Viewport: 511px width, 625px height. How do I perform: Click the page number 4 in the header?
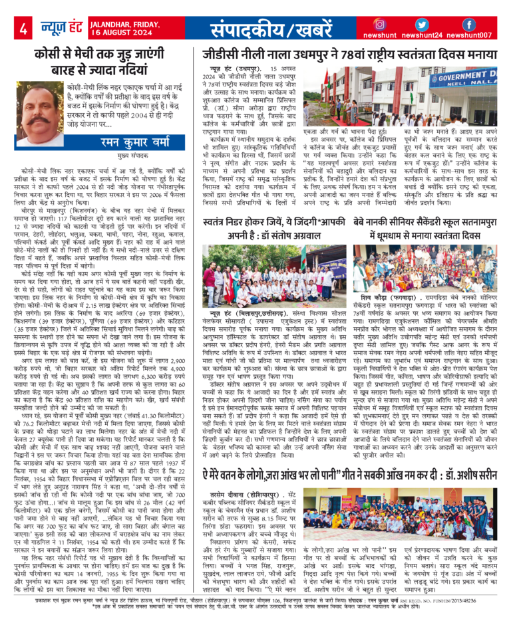point(23,29)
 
